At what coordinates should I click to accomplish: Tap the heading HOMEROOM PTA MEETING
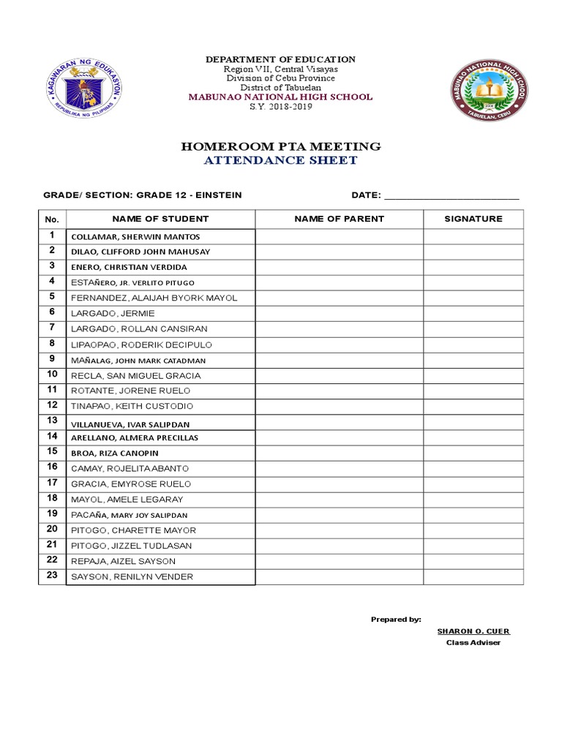281,147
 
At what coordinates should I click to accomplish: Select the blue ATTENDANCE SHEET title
281,160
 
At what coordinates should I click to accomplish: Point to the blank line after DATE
452,196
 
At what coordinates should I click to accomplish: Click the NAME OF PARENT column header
339,219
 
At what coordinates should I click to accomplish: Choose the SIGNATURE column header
473,219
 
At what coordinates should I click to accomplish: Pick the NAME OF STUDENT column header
160,219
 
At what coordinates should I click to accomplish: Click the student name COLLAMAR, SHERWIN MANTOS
135,237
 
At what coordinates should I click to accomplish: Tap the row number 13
52,420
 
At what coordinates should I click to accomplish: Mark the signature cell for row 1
473,236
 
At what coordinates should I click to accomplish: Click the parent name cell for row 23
339,577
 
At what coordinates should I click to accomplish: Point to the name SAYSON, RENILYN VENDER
132,577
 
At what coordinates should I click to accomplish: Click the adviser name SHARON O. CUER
473,631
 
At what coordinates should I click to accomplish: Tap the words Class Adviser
473,643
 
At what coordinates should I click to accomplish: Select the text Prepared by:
396,620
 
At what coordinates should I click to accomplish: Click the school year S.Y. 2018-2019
281,106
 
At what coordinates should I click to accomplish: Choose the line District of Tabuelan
281,88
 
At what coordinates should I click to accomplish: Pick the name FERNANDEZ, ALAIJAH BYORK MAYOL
154,298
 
